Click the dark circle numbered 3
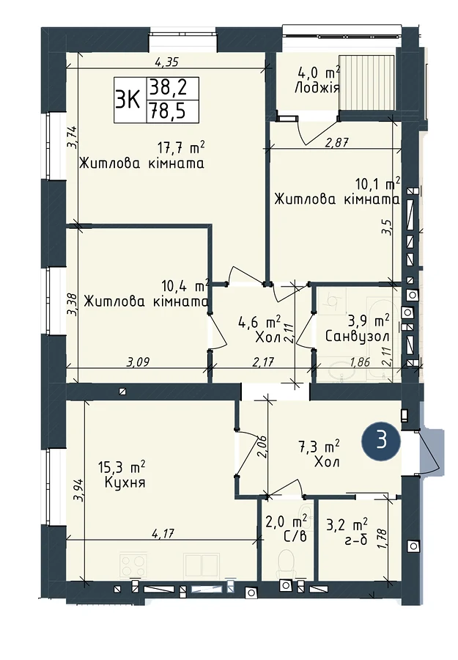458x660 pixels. pyautogui.click(x=381, y=441)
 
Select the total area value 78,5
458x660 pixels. pyautogui.click(x=172, y=111)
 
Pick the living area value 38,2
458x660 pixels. pyautogui.click(x=172, y=89)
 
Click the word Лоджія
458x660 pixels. pyautogui.click(x=317, y=89)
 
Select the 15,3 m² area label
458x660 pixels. pyautogui.click(x=122, y=467)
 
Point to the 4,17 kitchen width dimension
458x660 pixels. pyautogui.click(x=163, y=534)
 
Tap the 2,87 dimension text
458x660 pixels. pyautogui.click(x=337, y=142)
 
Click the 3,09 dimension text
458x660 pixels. pyautogui.click(x=138, y=362)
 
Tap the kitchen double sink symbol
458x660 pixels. pyautogui.click(x=202, y=565)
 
